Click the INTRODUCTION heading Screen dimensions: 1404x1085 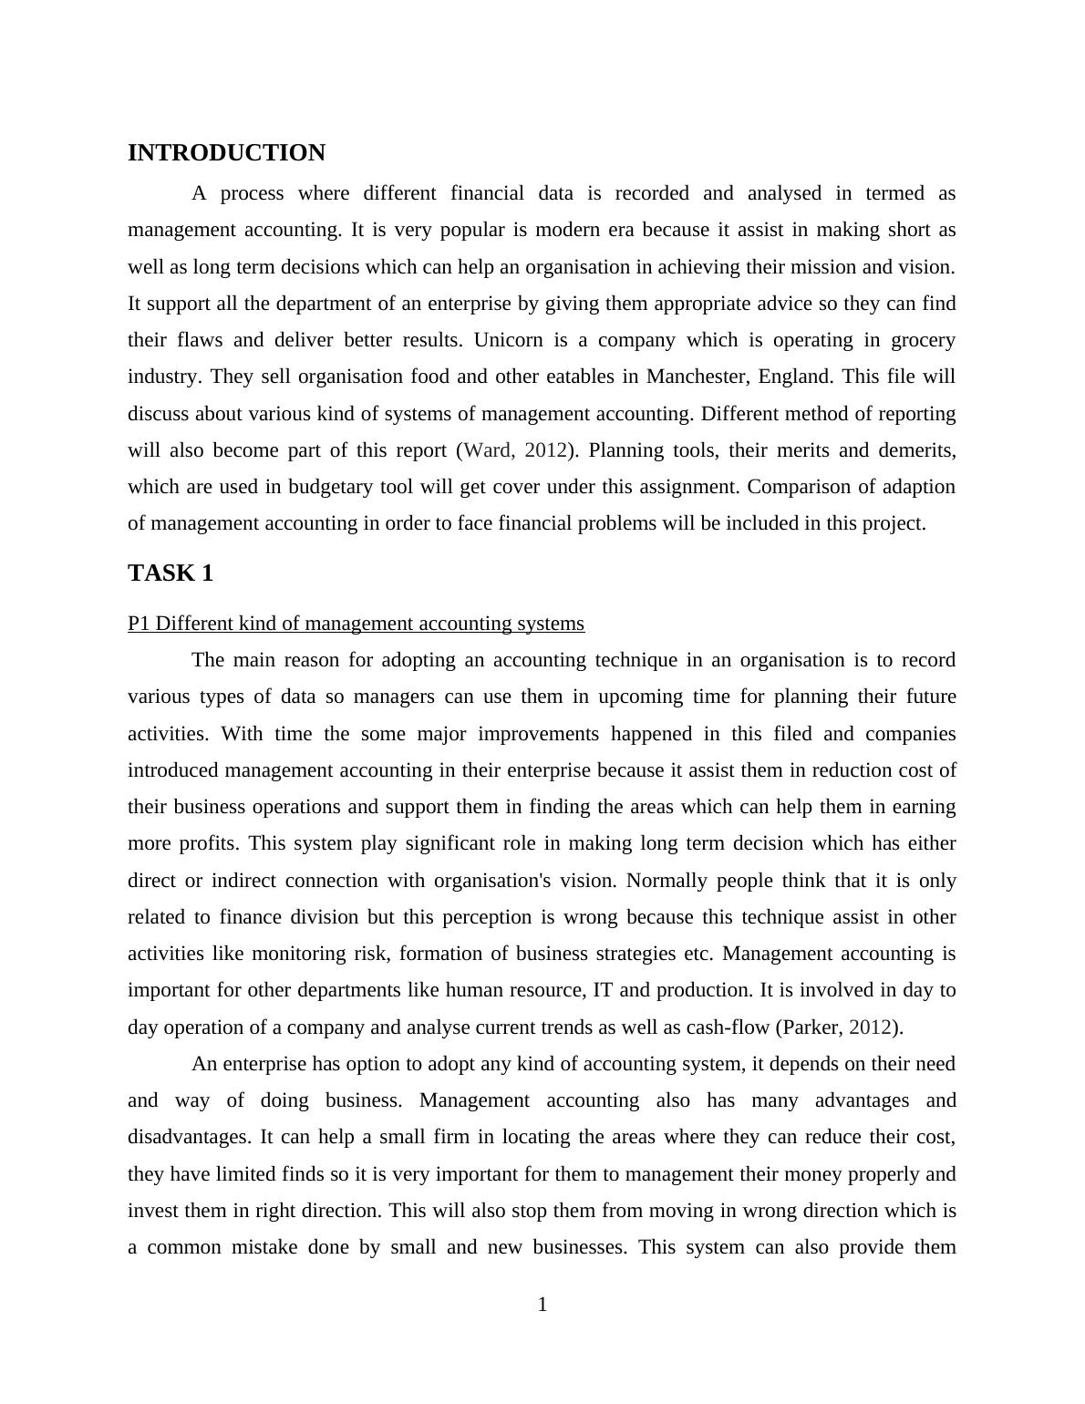click(x=226, y=153)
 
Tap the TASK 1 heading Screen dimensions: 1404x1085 click(x=170, y=573)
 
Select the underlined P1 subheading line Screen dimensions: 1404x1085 click(x=356, y=624)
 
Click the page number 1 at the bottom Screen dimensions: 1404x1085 click(x=542, y=1305)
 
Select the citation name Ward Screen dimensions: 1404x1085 click(x=490, y=450)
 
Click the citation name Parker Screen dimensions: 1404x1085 click(x=811, y=1027)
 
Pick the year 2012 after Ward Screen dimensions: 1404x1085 click(x=546, y=450)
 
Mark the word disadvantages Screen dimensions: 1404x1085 click(x=189, y=1138)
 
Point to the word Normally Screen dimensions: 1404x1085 click(x=669, y=881)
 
